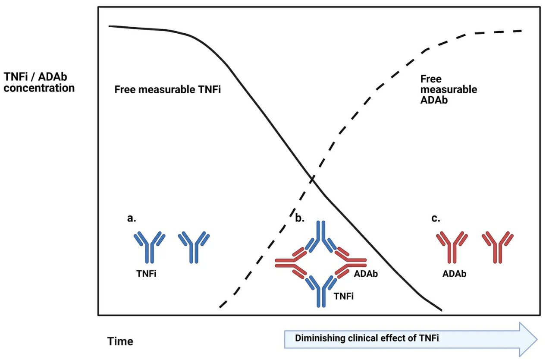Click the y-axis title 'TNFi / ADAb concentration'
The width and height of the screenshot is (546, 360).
[x=39, y=82]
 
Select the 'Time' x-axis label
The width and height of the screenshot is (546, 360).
[x=120, y=342]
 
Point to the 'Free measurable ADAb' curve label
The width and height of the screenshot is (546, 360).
[x=448, y=89]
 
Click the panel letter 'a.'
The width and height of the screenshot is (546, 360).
[x=132, y=218]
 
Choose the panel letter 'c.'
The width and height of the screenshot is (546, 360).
[x=436, y=218]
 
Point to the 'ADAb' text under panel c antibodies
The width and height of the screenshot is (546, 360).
[x=455, y=274]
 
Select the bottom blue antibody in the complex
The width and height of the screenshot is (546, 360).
[x=320, y=289]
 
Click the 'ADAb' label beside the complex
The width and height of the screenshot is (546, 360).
[x=366, y=274]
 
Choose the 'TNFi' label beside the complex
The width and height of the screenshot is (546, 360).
[x=344, y=297]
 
